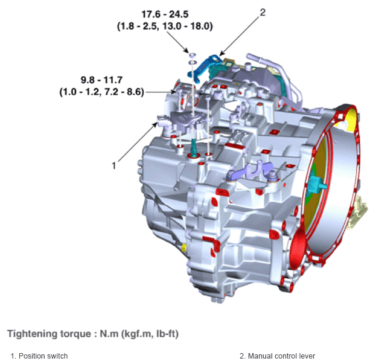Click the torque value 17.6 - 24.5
(x=165, y=14)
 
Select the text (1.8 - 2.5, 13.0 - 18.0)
(x=165, y=26)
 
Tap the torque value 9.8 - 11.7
(x=101, y=80)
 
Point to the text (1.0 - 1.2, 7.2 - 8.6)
(x=101, y=92)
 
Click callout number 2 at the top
(x=263, y=13)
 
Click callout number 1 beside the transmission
(x=114, y=165)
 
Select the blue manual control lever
(x=203, y=68)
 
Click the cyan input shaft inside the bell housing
(x=317, y=184)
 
